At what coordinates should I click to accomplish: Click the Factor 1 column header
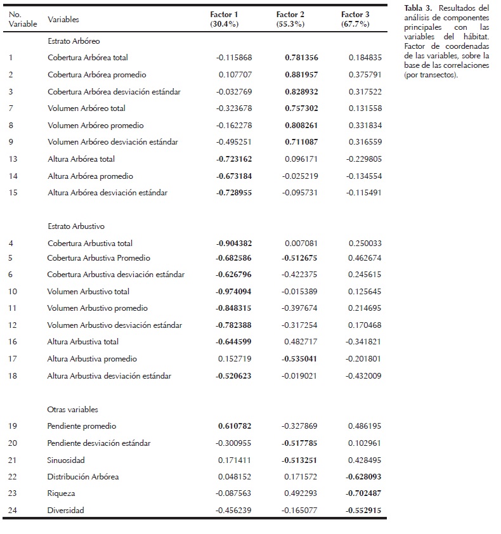[224, 19]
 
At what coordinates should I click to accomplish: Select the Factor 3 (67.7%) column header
[355, 19]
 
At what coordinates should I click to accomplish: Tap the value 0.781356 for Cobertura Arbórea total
[301, 58]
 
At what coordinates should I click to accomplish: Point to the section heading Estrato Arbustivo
[76, 226]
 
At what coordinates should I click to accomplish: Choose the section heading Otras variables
[72, 410]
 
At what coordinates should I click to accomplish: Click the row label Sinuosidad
[66, 460]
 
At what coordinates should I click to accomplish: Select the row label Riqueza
[61, 493]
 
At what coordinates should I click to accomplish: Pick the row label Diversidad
[65, 511]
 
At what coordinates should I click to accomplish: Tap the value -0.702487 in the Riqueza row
[363, 493]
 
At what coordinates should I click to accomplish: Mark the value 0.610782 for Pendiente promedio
[237, 426]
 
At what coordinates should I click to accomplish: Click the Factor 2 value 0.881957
[301, 75]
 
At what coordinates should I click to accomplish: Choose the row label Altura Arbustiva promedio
[92, 359]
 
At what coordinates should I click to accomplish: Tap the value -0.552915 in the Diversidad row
[363, 511]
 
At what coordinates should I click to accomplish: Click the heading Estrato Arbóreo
[74, 41]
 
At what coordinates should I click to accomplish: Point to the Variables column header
[63, 20]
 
